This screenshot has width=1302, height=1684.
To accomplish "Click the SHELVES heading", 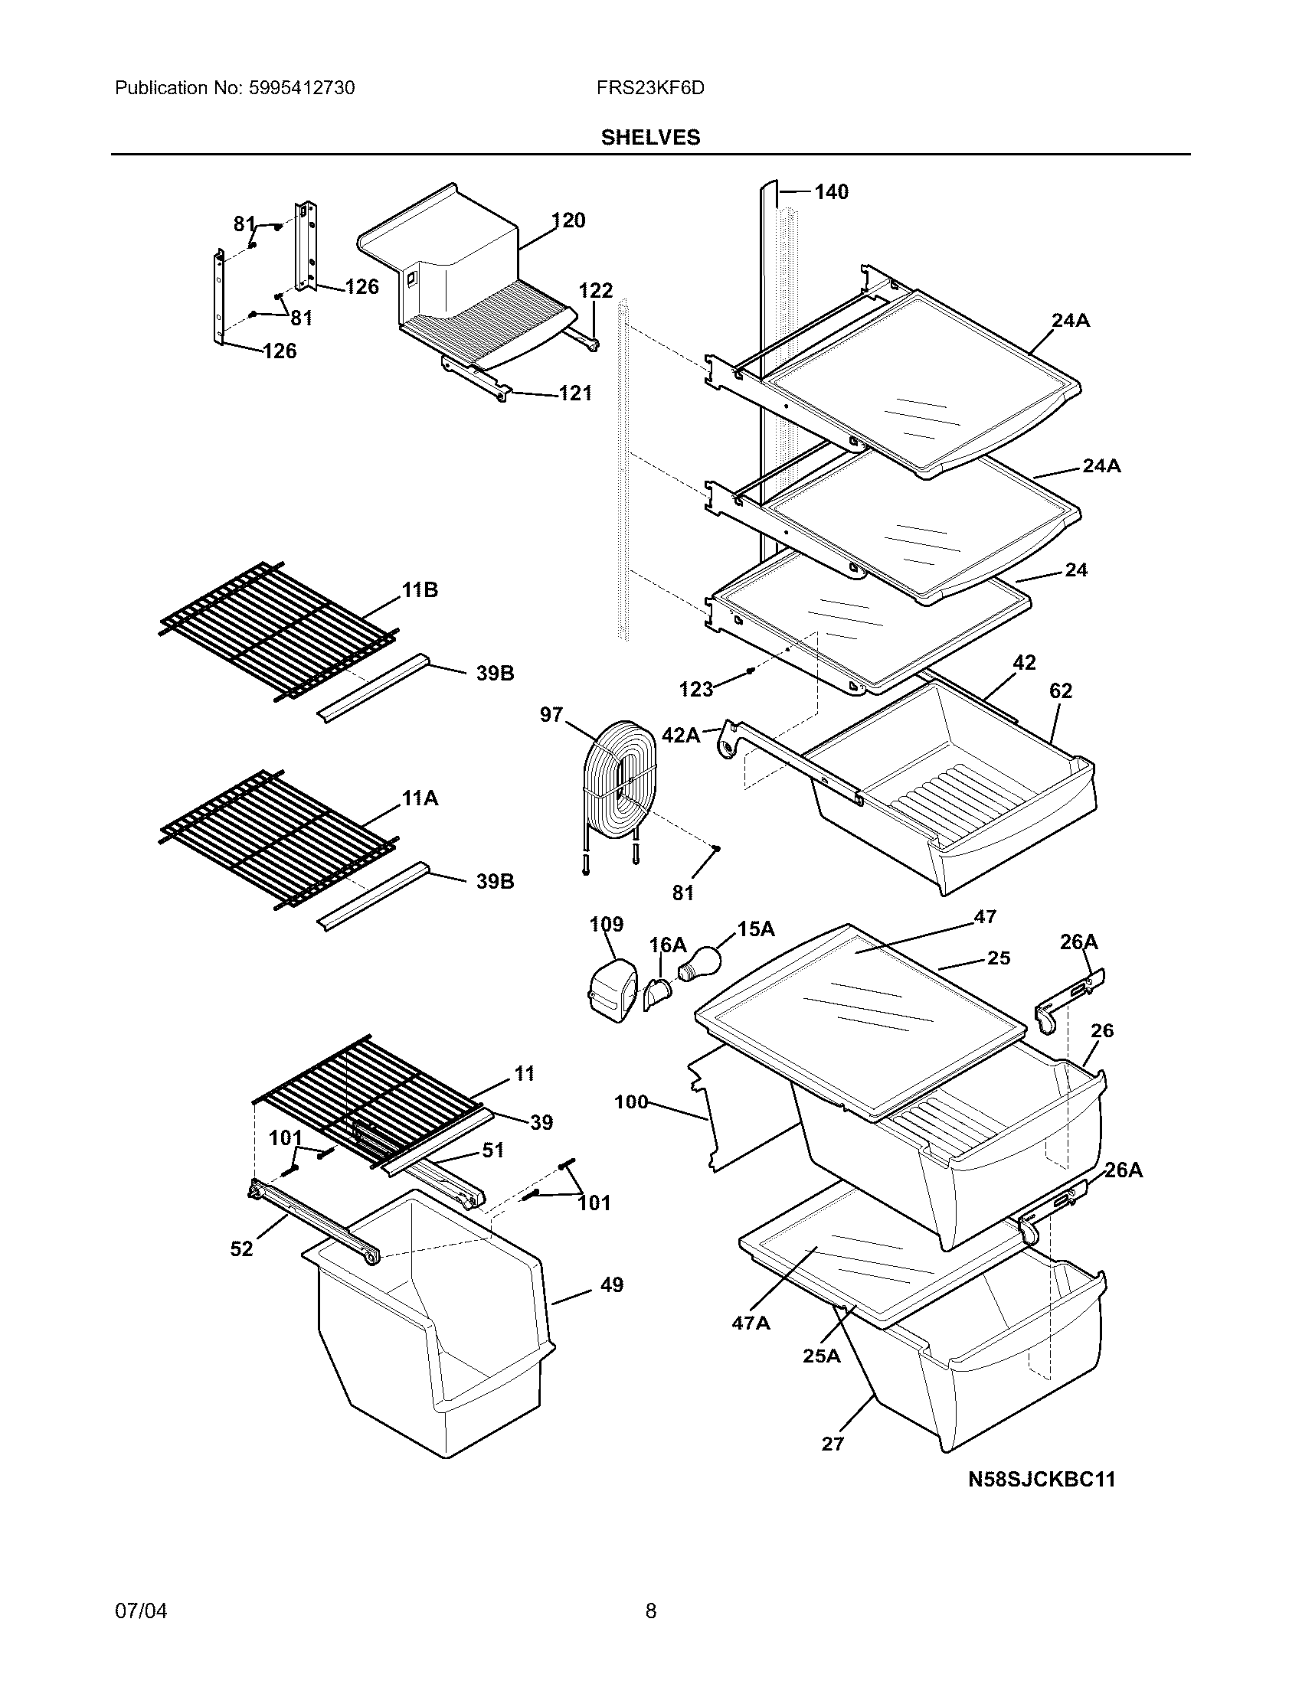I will pyautogui.click(x=650, y=137).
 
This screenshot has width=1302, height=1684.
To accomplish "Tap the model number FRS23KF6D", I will pyautogui.click(x=649, y=88).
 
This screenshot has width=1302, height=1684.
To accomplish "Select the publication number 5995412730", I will pyautogui.click(x=302, y=88).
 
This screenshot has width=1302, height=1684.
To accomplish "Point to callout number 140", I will pyautogui.click(x=831, y=191).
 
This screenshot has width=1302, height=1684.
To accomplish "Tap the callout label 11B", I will pyautogui.click(x=420, y=591).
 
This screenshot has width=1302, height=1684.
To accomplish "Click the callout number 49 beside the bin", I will pyautogui.click(x=611, y=1284).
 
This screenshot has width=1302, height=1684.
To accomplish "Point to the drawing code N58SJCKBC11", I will pyautogui.click(x=1042, y=1479).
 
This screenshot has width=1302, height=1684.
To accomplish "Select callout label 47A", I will pyautogui.click(x=751, y=1323).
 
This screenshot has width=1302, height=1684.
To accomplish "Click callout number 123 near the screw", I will pyautogui.click(x=695, y=690).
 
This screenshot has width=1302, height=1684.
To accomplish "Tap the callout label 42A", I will pyautogui.click(x=680, y=736).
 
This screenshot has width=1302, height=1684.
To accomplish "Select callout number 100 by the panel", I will pyautogui.click(x=631, y=1102).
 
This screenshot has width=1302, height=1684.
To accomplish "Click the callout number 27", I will pyautogui.click(x=833, y=1444).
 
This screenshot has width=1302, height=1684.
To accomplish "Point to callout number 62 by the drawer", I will pyautogui.click(x=1061, y=691).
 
